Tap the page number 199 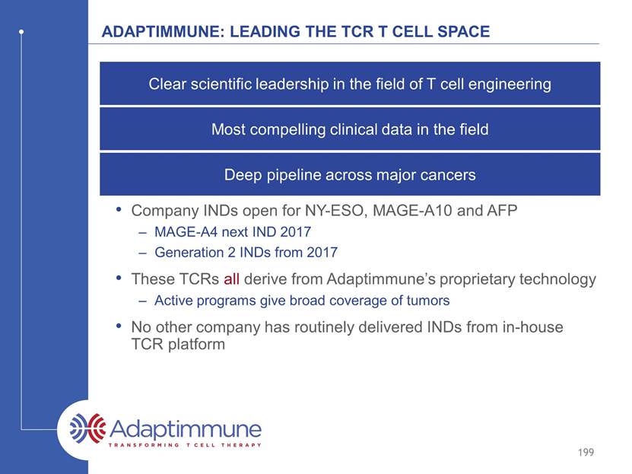pos(586,452)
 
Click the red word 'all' pos(232,279)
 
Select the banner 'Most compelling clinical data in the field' pos(350,129)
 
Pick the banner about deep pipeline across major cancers pos(350,174)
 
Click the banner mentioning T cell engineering pos(350,84)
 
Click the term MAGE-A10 pos(413,211)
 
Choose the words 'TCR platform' pos(178,344)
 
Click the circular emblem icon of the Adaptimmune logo pos(87,428)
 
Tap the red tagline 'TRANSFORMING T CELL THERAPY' pos(185,445)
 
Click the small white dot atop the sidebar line pos(21,31)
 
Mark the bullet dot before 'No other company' pos(119,326)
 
